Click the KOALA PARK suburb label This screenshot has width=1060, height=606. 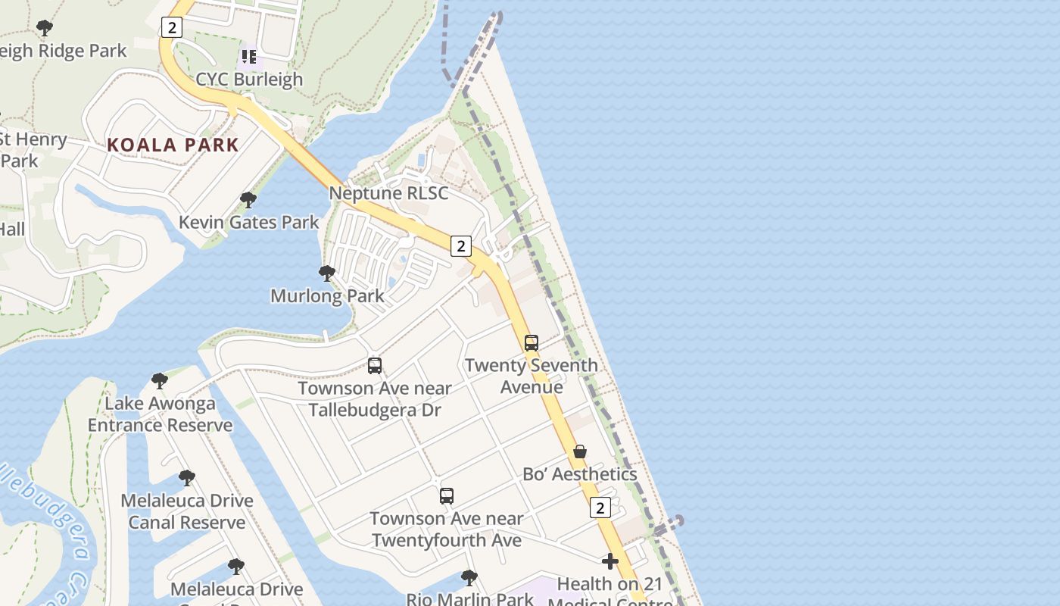173,145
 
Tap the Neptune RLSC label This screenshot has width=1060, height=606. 388,193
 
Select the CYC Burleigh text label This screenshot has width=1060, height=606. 249,80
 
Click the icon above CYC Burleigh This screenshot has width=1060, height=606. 249,57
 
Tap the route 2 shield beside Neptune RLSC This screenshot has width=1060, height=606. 460,245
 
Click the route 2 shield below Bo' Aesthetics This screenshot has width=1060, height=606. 600,508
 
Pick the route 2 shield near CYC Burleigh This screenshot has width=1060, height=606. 172,28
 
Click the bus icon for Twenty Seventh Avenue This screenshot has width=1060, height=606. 532,343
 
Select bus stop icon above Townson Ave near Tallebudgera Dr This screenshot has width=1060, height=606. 375,366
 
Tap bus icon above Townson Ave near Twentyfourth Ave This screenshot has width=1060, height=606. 447,496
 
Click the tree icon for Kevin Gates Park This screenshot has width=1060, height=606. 248,200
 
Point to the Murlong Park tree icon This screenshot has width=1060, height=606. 327,273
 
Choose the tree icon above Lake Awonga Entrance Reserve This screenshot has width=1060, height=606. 159,380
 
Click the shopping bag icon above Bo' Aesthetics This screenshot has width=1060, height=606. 580,451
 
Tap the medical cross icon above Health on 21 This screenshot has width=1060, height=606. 610,561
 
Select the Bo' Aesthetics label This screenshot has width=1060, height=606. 580,474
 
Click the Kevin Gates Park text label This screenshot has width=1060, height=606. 249,223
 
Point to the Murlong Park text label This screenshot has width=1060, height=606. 327,295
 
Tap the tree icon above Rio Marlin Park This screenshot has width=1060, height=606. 469,578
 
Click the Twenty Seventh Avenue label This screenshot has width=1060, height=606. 532,376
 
